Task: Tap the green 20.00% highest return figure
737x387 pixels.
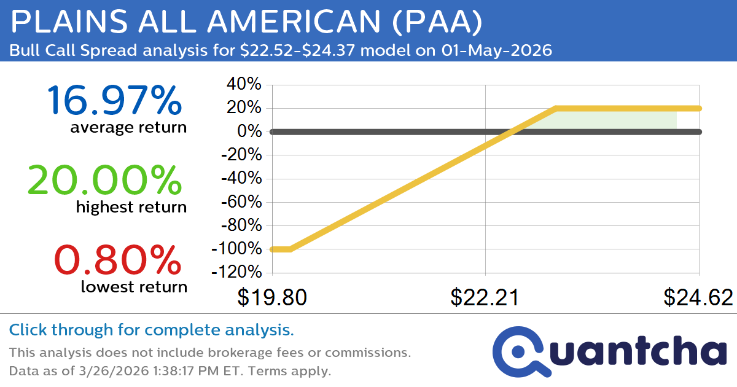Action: coord(104,179)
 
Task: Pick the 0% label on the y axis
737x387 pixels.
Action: coord(250,132)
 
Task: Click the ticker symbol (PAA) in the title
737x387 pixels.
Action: coord(437,23)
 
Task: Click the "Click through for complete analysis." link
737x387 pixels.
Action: coord(151,330)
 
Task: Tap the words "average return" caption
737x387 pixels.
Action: coord(128,128)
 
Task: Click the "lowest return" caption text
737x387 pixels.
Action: coord(134,286)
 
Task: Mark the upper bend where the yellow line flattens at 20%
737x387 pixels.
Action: coord(555,108)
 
